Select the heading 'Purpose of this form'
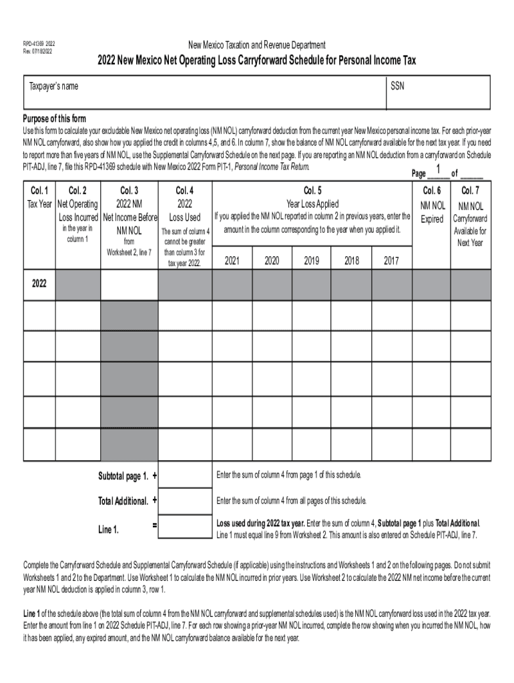54,119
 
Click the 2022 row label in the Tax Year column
39,283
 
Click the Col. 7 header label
470,191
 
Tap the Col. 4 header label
185,189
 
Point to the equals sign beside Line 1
155,526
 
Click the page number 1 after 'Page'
438,169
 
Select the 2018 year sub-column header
352,261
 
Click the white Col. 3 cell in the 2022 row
129,285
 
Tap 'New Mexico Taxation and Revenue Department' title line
257,45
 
